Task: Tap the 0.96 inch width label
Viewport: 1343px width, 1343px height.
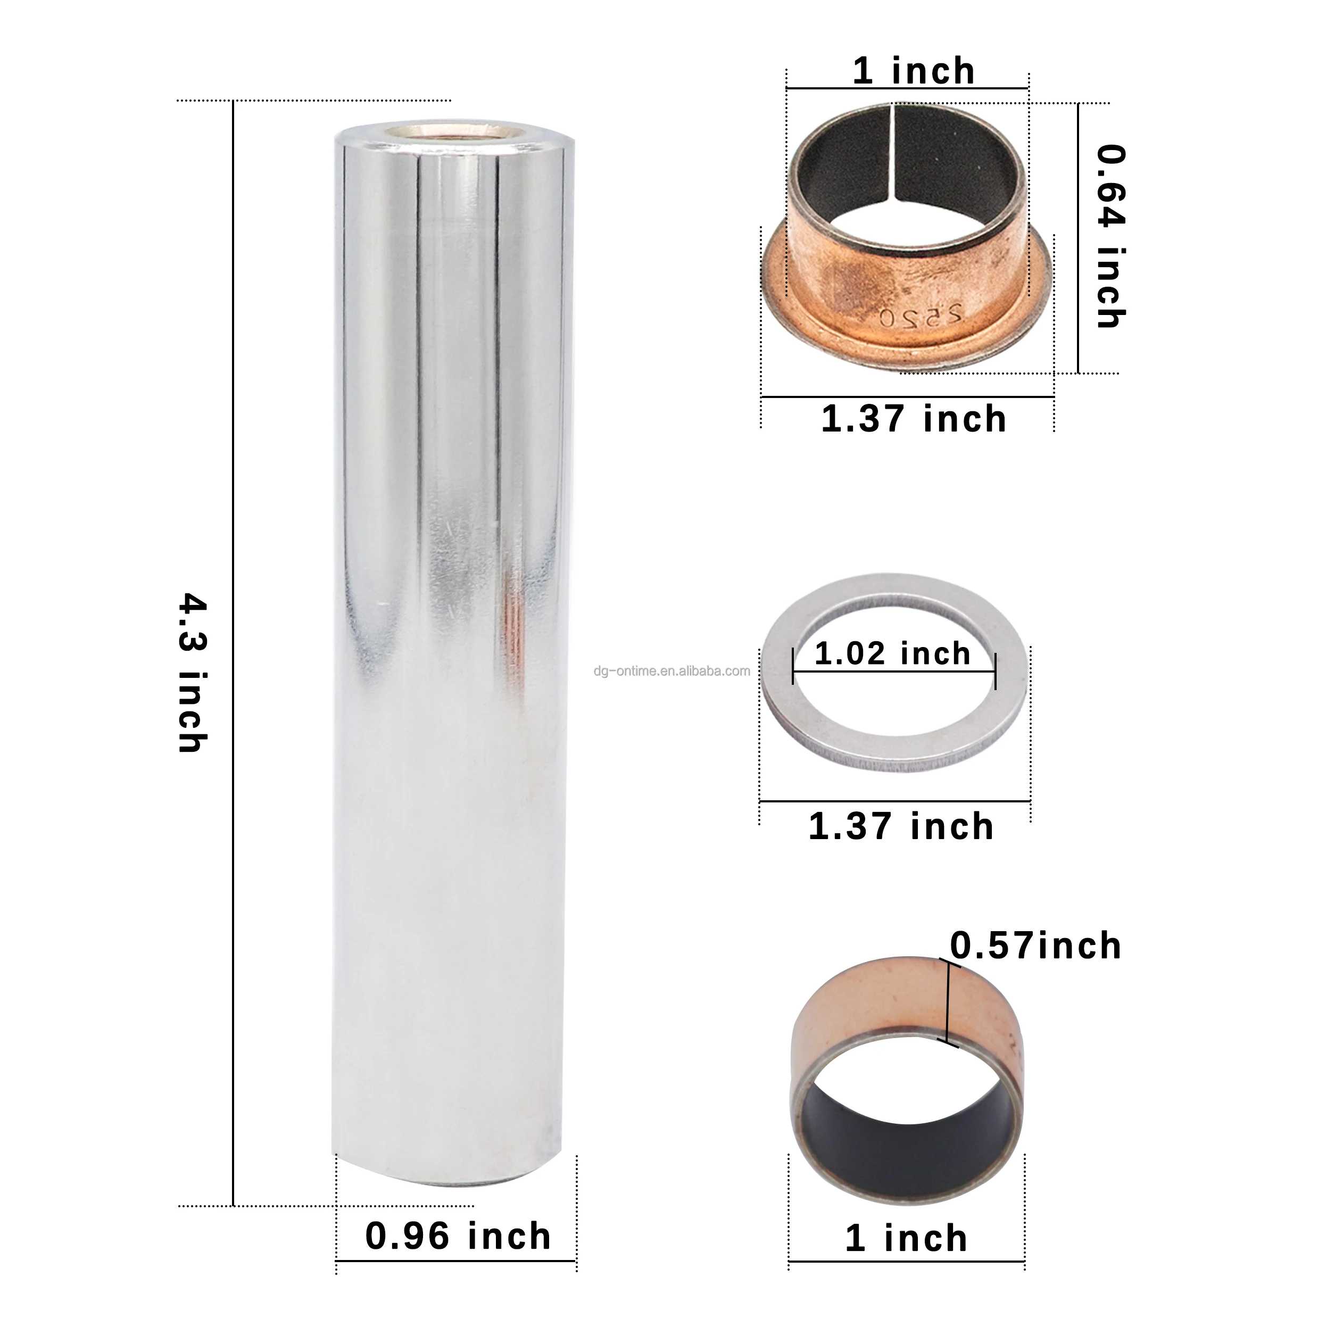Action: pyautogui.click(x=458, y=1236)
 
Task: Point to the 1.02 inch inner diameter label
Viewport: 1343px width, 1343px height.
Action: pyautogui.click(x=892, y=653)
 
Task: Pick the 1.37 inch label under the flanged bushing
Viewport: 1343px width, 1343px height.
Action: pyautogui.click(x=914, y=419)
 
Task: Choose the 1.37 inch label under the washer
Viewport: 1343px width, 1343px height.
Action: pyautogui.click(x=901, y=826)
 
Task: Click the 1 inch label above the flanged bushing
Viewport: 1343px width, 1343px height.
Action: pyautogui.click(x=914, y=71)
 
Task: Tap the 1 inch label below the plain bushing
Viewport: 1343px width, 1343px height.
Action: pyautogui.click(x=906, y=1238)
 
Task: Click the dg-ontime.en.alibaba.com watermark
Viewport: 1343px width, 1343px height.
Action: pyautogui.click(x=671, y=671)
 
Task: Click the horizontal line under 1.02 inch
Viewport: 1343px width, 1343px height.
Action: pyautogui.click(x=894, y=671)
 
